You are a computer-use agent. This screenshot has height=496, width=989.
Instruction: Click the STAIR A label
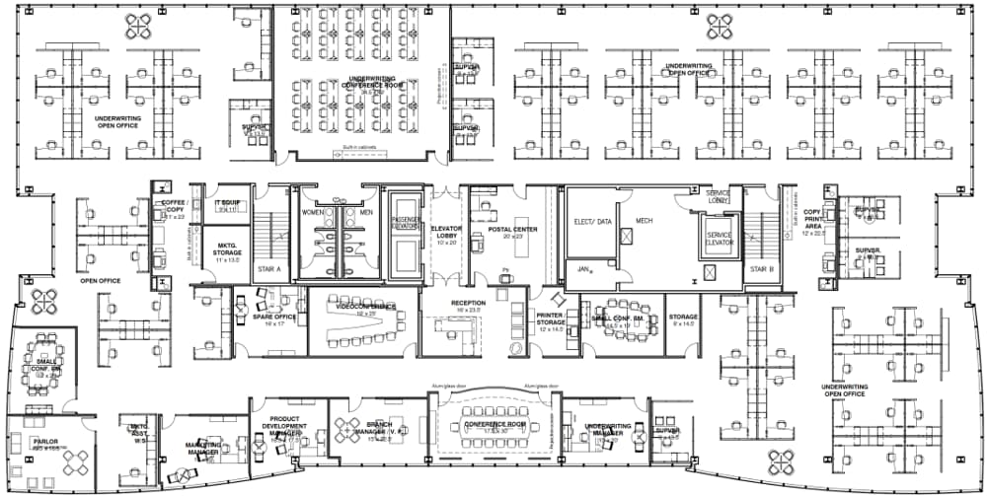[270, 268]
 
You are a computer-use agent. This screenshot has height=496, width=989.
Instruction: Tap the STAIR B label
[760, 268]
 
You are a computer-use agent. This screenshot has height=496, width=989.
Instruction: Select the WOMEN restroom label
[313, 212]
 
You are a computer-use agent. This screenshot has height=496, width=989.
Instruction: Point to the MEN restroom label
[365, 212]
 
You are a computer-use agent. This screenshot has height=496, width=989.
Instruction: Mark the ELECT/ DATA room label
[592, 222]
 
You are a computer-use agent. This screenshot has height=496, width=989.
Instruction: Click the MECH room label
[644, 221]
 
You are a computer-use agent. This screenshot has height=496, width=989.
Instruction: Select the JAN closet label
[583, 266]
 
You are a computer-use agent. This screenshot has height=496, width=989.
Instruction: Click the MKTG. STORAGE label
[228, 253]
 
